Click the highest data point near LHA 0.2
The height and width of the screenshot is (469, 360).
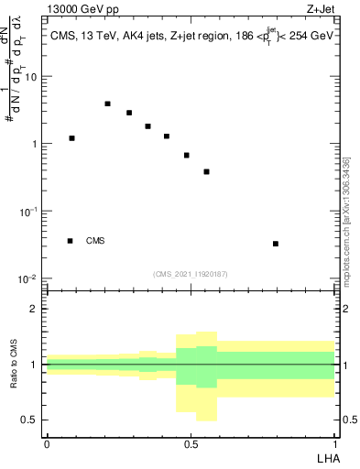[107, 104]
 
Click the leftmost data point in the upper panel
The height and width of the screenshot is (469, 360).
[71, 138]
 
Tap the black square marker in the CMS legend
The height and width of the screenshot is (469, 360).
[71, 241]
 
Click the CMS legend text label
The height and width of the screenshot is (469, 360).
[95, 241]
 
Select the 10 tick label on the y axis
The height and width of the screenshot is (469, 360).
[32, 77]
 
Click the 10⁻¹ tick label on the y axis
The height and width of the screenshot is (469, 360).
[30, 212]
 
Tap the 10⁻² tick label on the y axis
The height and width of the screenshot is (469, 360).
[30, 278]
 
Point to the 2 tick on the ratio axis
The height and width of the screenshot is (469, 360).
[34, 309]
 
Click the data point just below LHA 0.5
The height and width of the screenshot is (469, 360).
[186, 155]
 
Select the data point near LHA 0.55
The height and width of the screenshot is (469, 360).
[207, 171]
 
